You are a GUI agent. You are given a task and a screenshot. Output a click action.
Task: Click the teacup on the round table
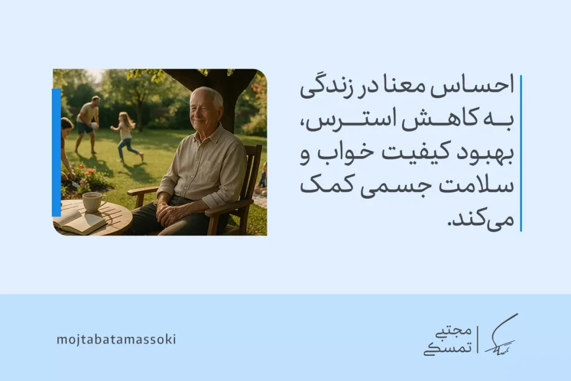(x=93, y=201)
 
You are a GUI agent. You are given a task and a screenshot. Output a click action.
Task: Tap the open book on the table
(x=79, y=221)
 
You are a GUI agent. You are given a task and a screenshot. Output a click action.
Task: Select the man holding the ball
(x=88, y=123)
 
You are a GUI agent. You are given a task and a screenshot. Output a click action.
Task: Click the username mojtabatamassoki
(x=116, y=339)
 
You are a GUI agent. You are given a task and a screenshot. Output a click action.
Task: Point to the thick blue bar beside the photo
(x=56, y=152)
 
